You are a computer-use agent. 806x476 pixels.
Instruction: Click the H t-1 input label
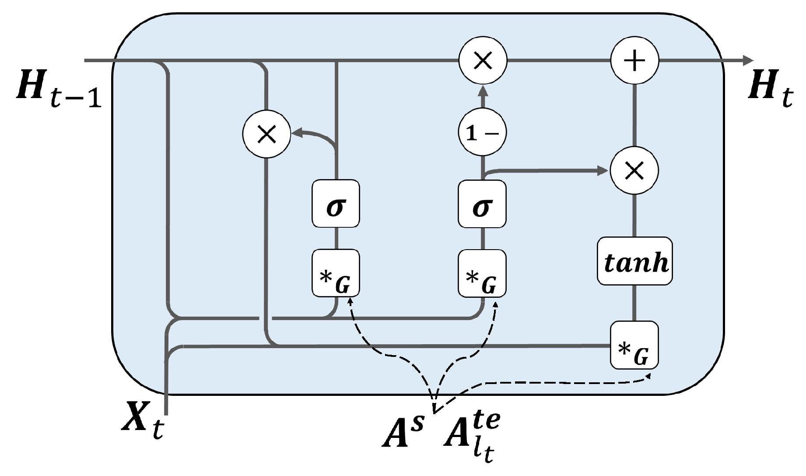[59, 90]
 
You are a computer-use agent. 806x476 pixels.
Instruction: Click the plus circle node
[634, 60]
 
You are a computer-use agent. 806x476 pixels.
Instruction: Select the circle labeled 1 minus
[482, 132]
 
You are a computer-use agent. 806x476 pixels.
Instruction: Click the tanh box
[634, 261]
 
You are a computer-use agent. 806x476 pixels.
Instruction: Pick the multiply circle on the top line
[482, 60]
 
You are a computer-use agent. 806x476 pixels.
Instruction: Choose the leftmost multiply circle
[266, 134]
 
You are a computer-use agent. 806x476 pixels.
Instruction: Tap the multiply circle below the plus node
[634, 170]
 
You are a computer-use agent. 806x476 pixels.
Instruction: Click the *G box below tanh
[634, 345]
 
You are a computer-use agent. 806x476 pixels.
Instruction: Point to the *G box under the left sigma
[336, 273]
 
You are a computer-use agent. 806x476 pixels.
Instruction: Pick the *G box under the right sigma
[482, 273]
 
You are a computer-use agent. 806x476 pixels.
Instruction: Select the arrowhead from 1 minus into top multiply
[482, 91]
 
